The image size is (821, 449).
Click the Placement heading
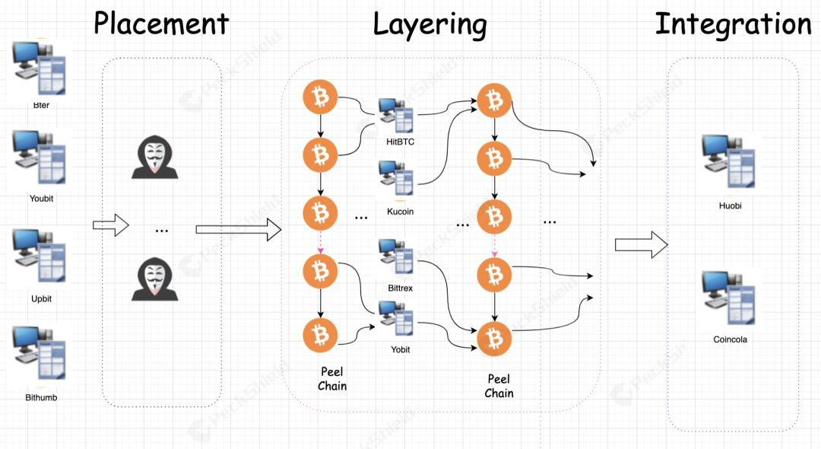[x=161, y=24]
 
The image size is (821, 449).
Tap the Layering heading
[x=430, y=25]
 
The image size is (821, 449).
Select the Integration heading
[x=734, y=25]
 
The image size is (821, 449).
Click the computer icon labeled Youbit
[x=40, y=157]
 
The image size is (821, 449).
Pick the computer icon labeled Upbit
[x=40, y=255]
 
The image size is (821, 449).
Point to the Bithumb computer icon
[x=40, y=352]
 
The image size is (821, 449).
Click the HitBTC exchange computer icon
[x=396, y=115]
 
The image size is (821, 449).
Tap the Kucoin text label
[x=400, y=212]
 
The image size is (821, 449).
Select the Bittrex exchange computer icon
[x=396, y=256]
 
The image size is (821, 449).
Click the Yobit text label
[x=400, y=349]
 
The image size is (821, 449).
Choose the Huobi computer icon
[x=729, y=161]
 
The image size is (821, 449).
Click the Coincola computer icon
[x=729, y=298]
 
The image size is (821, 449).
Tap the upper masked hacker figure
[x=154, y=158]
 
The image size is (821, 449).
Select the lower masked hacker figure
[x=154, y=279]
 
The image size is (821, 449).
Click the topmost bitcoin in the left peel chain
[x=320, y=97]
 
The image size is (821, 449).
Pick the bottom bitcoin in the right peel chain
[x=494, y=339]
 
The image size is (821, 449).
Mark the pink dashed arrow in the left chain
[x=321, y=243]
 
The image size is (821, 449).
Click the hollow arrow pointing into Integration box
[x=642, y=245]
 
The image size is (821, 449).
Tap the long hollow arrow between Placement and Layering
[x=239, y=230]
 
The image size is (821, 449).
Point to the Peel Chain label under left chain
[x=332, y=379]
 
